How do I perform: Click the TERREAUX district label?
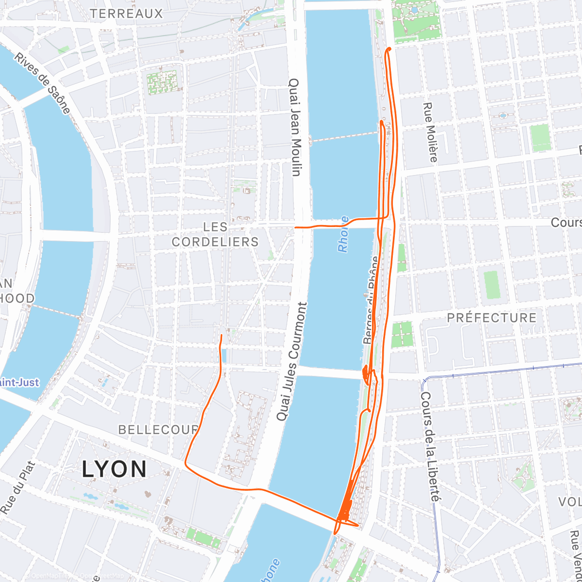[x=127, y=14]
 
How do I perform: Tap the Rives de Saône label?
[x=42, y=83]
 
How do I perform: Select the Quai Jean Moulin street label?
[x=295, y=127]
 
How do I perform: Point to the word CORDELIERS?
[x=215, y=242]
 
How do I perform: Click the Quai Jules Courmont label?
[x=291, y=361]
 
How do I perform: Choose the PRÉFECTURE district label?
[x=492, y=318]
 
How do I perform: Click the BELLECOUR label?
[x=159, y=430]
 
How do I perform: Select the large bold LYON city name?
[x=114, y=469]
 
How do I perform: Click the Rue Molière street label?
[x=430, y=132]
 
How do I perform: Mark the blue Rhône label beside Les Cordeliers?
[x=343, y=234]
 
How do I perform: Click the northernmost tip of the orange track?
[x=389, y=49]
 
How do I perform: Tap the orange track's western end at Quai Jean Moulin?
[x=296, y=226]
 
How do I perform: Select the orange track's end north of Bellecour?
[x=222, y=335]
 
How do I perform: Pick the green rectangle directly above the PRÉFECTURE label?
[x=491, y=285]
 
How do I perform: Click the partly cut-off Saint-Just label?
[x=19, y=383]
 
